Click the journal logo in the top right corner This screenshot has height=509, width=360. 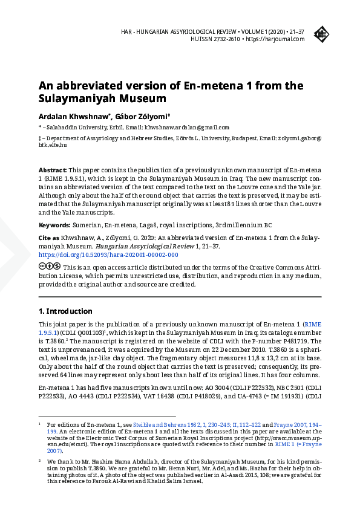pos(321,35)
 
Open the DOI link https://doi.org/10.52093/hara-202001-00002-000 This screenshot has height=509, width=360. pos(108,255)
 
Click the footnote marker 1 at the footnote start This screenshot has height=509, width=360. pos(39,424)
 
